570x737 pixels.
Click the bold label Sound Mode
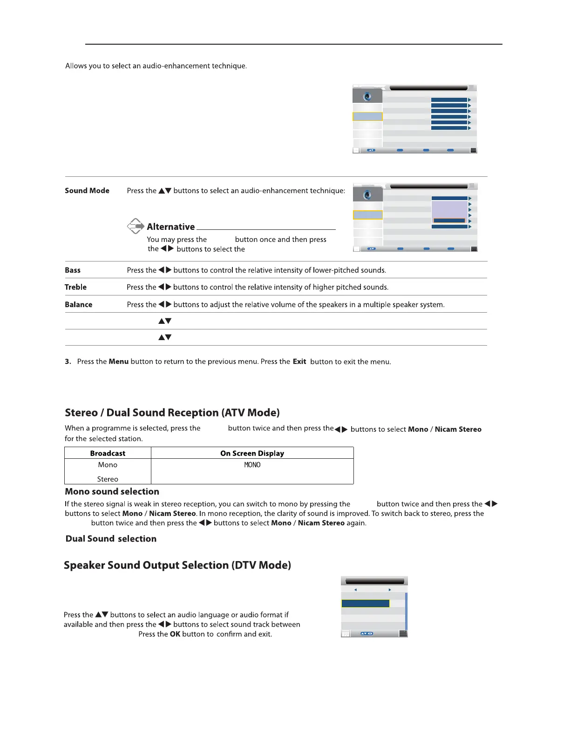pos(87,191)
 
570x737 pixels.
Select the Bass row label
pos(73,270)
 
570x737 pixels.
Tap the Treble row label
pos(75,288)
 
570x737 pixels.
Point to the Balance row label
pos(78,305)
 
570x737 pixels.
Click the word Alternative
pos(171,227)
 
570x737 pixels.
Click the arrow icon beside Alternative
pos(136,226)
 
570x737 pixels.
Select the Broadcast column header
pos(108,453)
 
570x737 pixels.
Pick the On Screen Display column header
pos(252,453)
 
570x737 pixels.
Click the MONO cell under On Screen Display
pos(252,465)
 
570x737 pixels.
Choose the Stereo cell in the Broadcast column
pos(108,479)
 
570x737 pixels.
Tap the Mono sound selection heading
pos(112,492)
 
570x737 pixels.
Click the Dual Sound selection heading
pos(111,539)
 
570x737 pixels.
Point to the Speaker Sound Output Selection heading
pos(177,565)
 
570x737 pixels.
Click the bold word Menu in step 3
pos(119,362)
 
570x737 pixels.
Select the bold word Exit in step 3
pos(299,362)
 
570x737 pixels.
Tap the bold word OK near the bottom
pos(175,634)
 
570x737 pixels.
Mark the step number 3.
pos(68,362)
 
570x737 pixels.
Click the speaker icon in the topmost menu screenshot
pos(367,96)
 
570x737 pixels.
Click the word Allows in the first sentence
pos(76,66)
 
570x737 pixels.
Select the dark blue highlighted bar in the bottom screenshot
pos(365,603)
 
